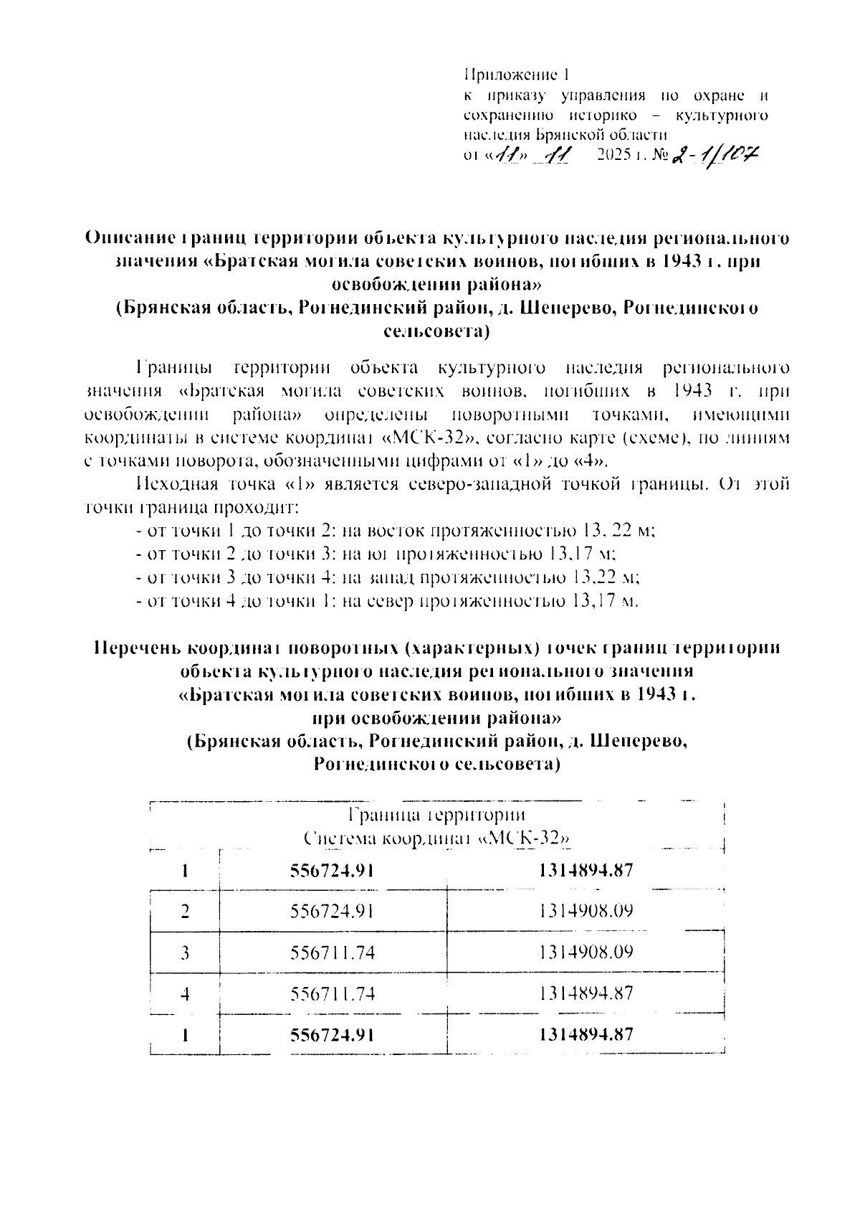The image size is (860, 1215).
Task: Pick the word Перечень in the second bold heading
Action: pos(137,648)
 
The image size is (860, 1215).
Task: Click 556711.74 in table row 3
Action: pos(333,952)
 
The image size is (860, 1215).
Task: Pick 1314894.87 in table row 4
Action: pos(585,993)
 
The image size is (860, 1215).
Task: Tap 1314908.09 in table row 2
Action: pos(585,912)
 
